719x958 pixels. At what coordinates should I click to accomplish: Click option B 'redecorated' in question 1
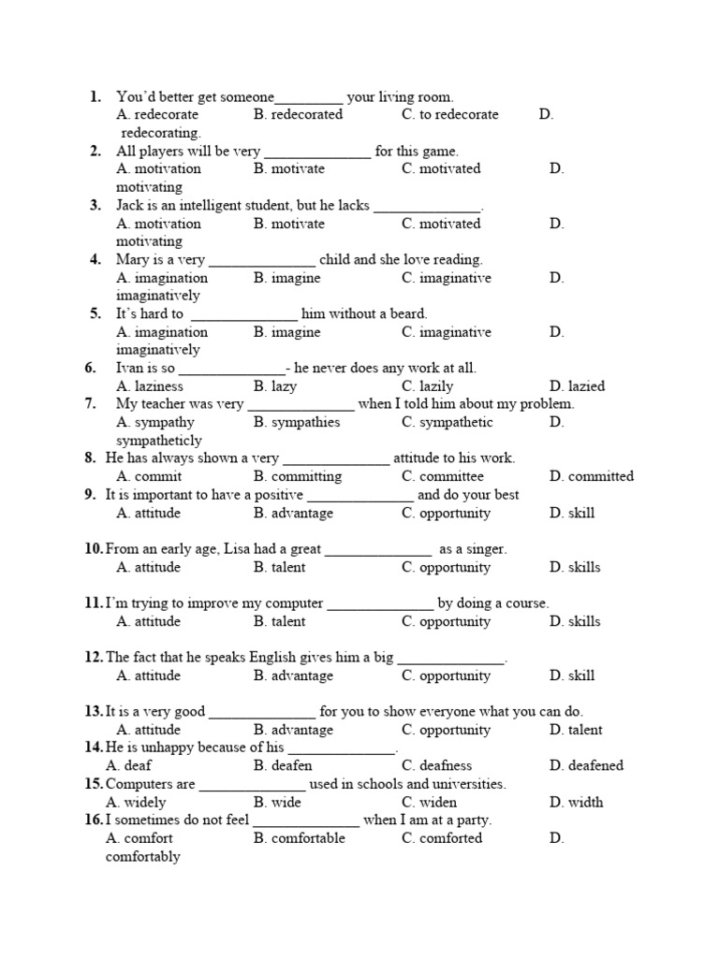point(306,115)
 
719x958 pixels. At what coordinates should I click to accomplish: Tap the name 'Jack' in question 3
point(131,205)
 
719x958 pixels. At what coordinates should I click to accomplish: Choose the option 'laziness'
point(158,385)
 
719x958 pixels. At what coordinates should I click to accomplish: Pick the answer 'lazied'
point(586,385)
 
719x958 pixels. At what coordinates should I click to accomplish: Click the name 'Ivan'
point(130,368)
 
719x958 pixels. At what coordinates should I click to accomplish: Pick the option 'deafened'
point(595,765)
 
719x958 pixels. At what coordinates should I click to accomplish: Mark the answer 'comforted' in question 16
point(451,838)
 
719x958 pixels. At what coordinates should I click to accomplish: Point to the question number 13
point(94,712)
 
